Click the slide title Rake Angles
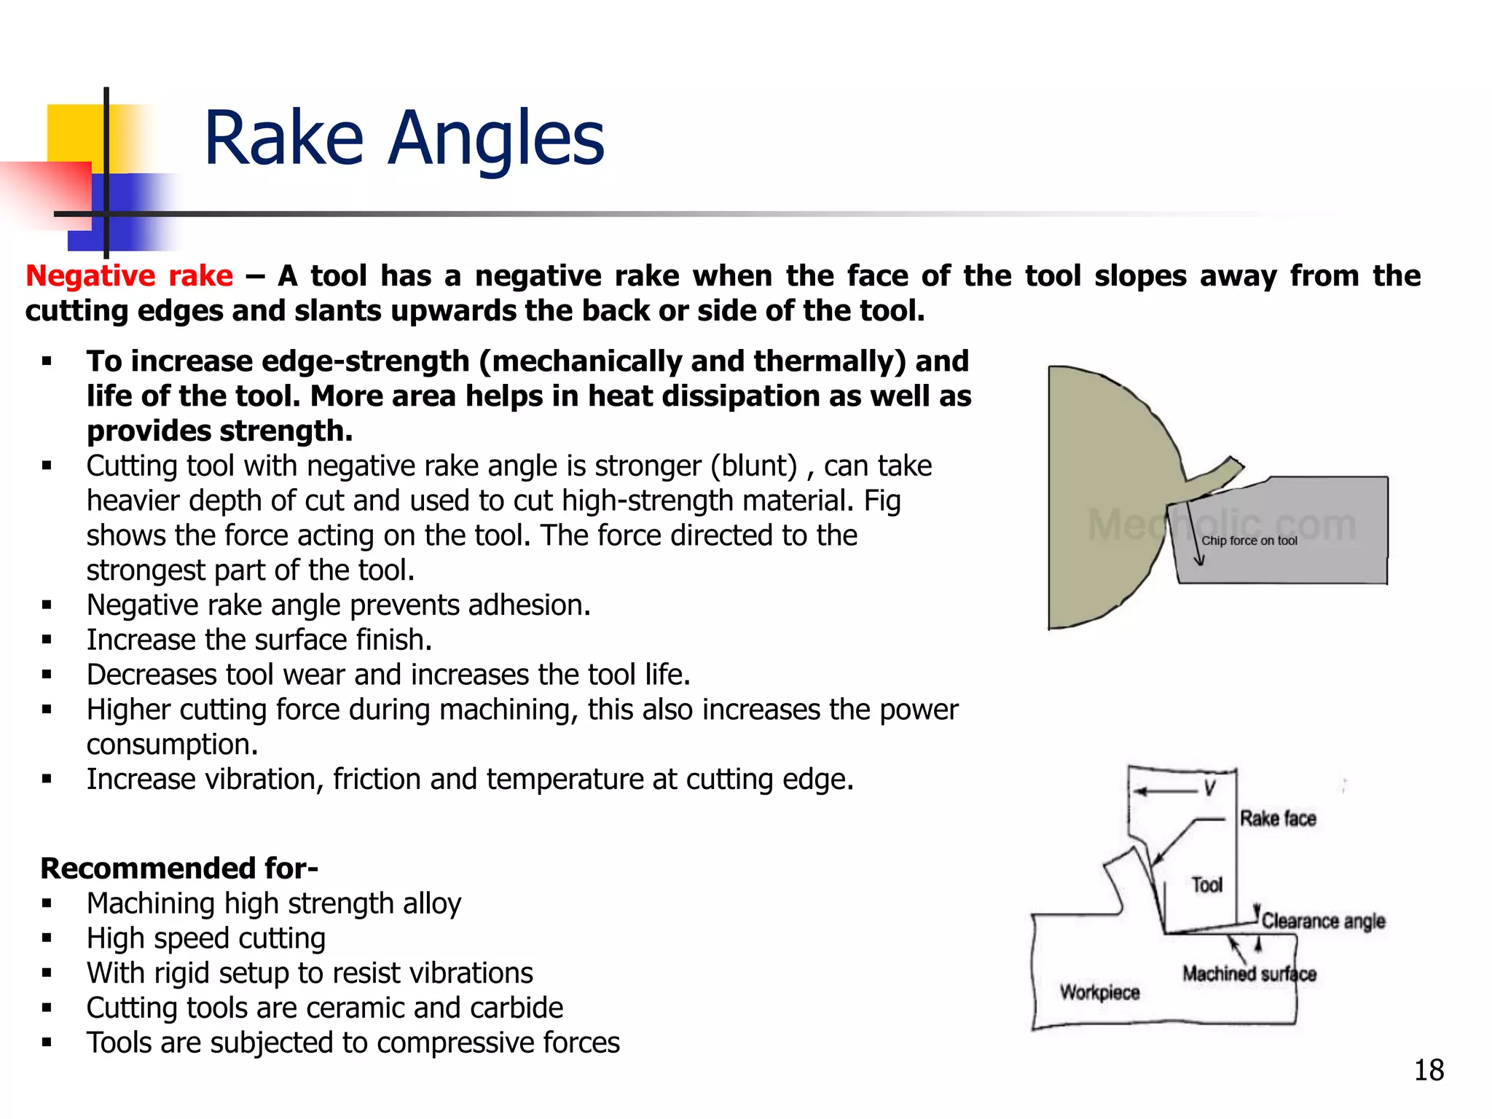tap(404, 138)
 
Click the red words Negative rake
tap(129, 276)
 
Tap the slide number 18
tap(1429, 1070)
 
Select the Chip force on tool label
tap(1249, 541)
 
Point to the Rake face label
tap(1278, 819)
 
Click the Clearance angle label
tap(1323, 921)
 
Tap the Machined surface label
tap(1249, 974)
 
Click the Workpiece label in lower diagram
tap(1099, 992)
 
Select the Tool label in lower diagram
tap(1207, 884)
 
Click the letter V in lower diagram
tap(1210, 788)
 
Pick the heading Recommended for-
tap(179, 868)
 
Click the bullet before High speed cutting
tap(47, 939)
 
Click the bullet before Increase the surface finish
tap(47, 640)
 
